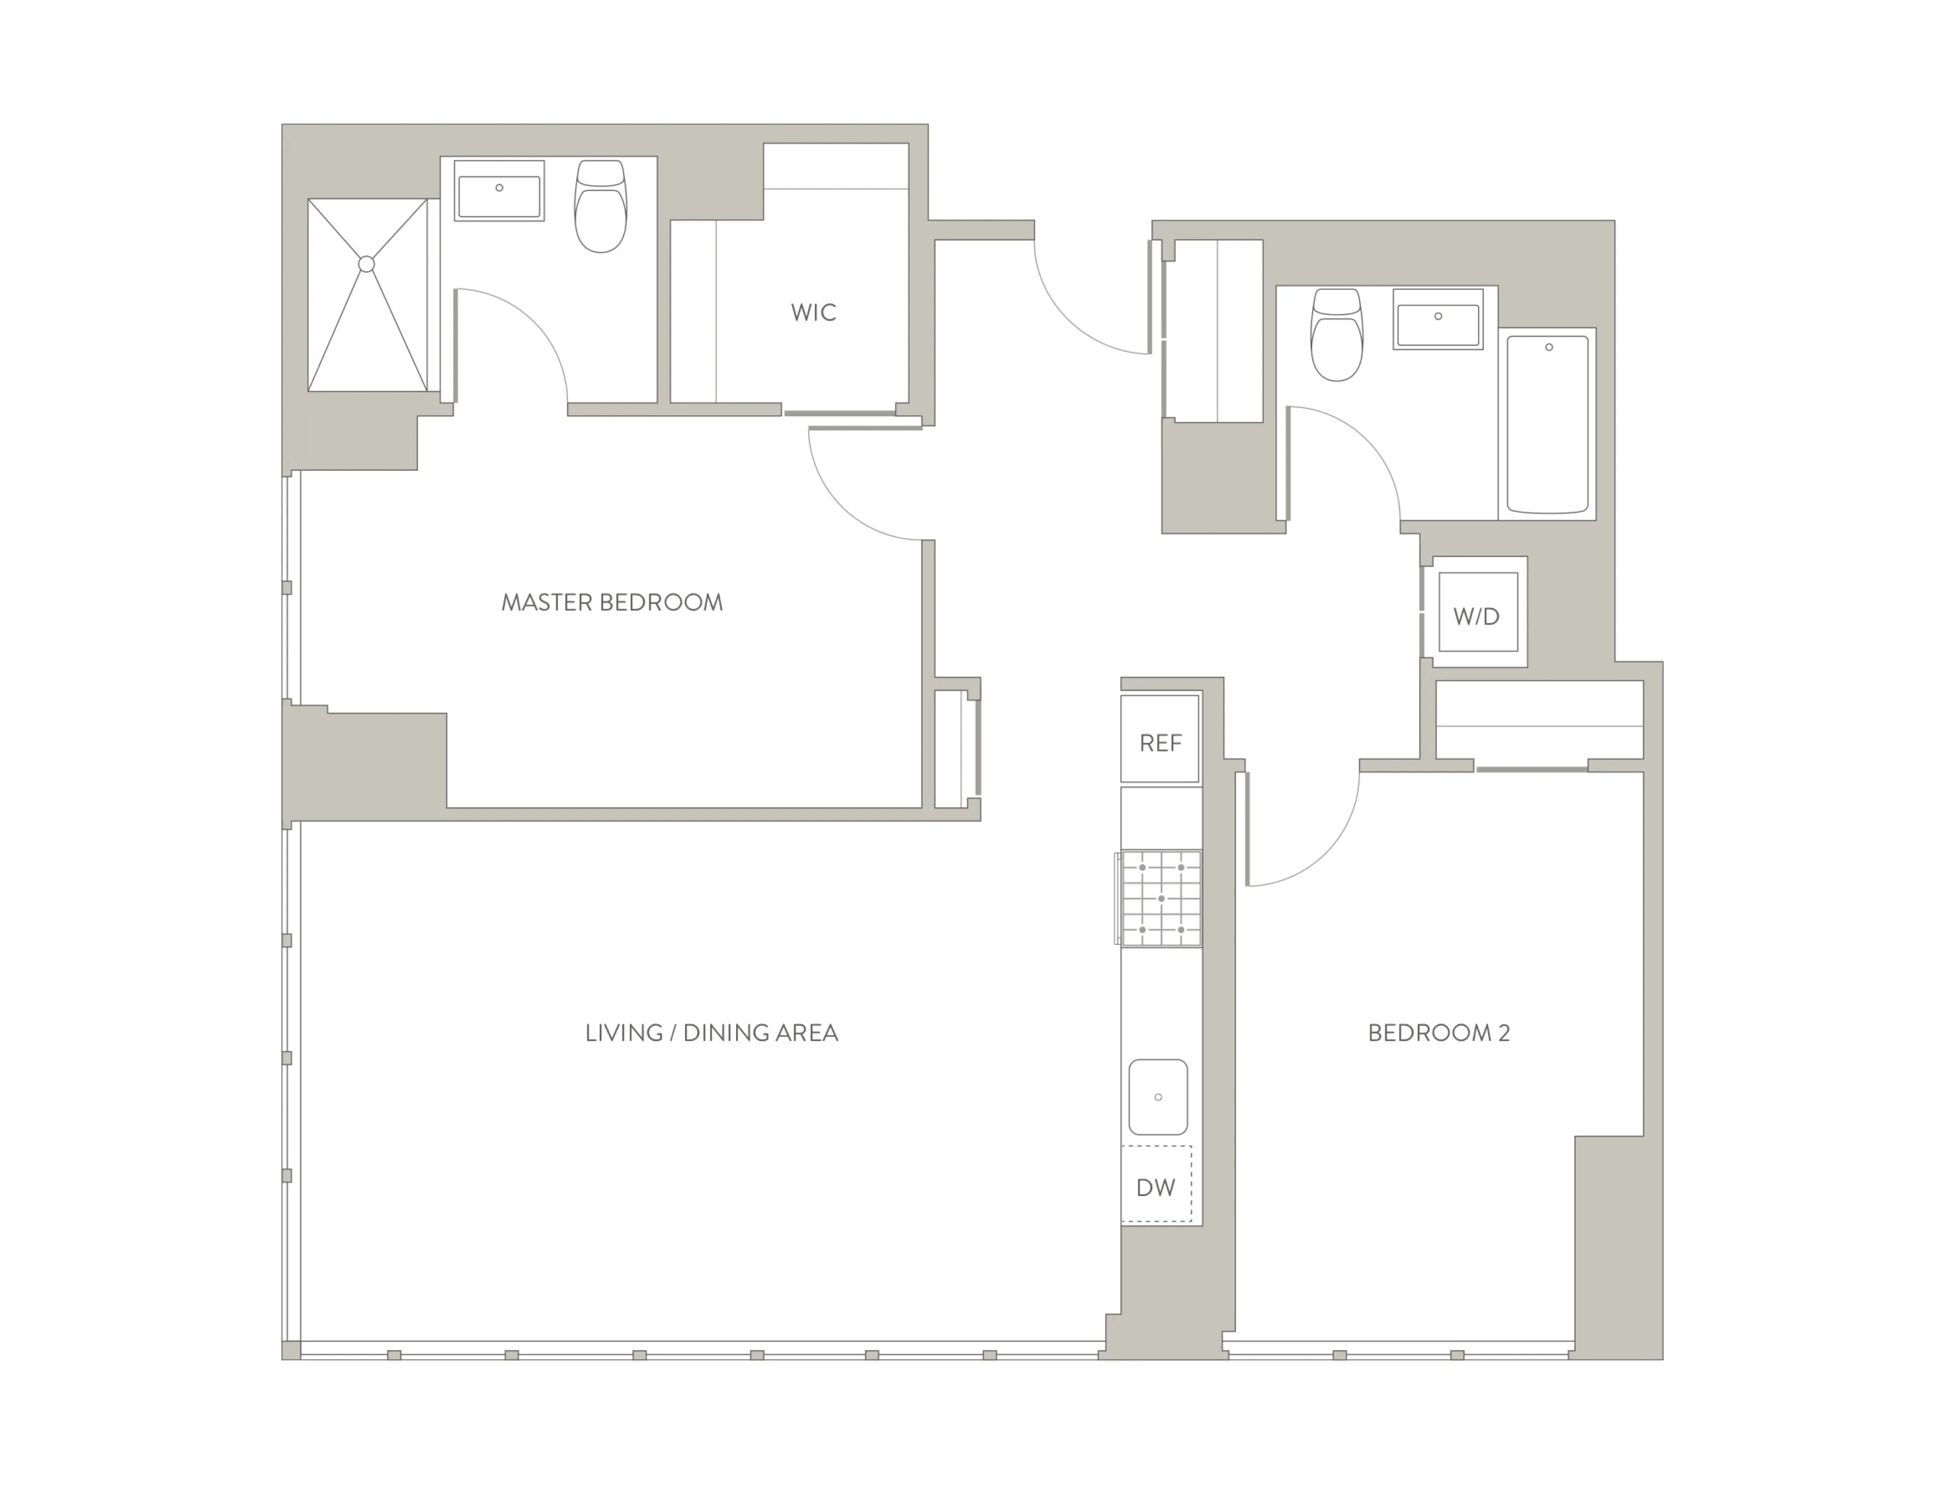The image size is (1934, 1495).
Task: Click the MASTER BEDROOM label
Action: coord(612,603)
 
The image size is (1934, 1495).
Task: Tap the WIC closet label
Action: coord(813,312)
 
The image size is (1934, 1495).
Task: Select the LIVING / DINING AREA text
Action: coord(711,1032)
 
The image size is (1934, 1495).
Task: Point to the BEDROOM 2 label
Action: coord(1438,1032)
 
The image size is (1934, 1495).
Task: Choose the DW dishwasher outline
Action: coord(1156,1184)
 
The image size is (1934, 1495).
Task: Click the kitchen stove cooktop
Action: coord(1161,898)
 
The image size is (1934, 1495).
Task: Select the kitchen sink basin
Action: coord(1158,1096)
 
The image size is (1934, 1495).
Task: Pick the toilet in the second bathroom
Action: coord(1336,336)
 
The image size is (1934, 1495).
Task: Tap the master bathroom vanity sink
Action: coord(499,191)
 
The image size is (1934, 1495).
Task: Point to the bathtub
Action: coord(1547,423)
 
